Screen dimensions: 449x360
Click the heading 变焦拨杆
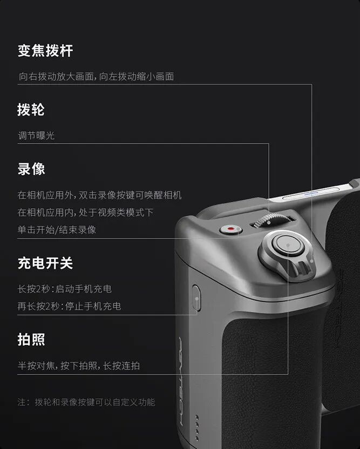coord(45,51)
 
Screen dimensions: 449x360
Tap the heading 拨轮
coord(31,110)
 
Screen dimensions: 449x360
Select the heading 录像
coord(31,169)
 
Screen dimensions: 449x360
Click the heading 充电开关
coord(45,263)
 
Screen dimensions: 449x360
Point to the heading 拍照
coord(31,340)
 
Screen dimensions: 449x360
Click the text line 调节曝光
coord(36,135)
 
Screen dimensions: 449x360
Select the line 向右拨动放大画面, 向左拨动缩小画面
coord(96,77)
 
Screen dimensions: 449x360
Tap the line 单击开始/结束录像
coord(57,229)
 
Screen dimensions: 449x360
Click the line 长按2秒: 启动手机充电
coord(64,289)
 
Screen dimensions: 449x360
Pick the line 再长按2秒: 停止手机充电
coord(69,306)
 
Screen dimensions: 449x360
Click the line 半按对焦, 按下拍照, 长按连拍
coord(78,365)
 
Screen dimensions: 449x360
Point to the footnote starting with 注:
coord(86,402)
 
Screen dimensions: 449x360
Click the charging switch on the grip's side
coord(196,297)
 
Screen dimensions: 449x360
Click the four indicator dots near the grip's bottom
coord(196,426)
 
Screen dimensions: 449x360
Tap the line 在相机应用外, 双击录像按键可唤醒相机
coord(99,195)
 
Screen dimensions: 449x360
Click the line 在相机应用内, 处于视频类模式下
coord(85,212)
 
